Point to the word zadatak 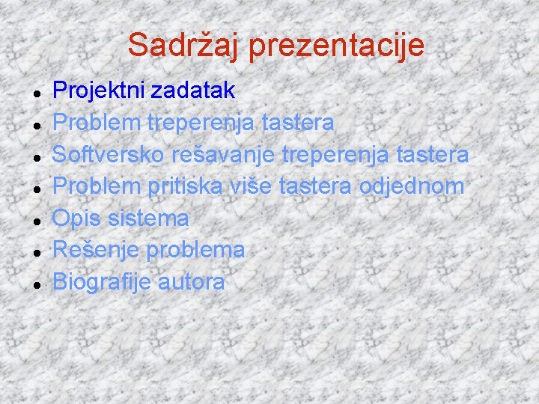tap(193, 91)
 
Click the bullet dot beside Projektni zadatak tap(36, 92)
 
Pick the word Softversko tap(109, 155)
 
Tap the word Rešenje tap(95, 251)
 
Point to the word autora tap(192, 283)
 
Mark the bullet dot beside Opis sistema tap(36, 221)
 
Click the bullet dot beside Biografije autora tap(36, 284)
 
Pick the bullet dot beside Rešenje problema tap(36, 252)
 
